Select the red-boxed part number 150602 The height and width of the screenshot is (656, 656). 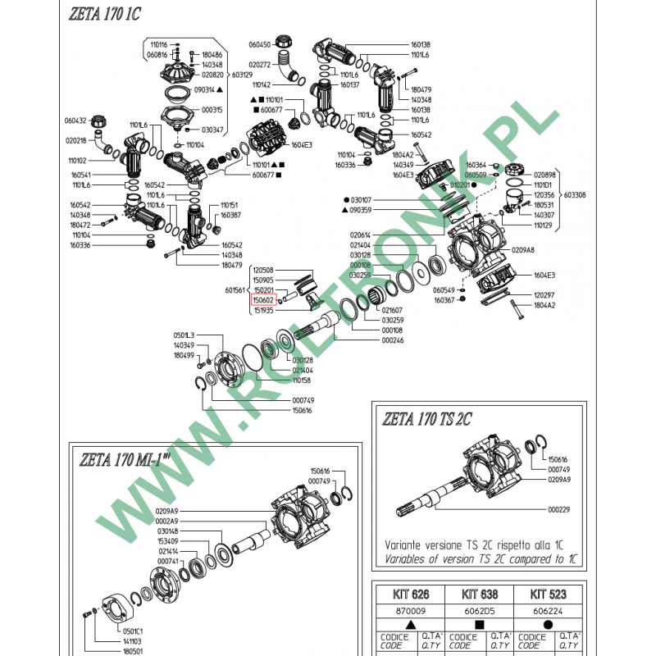(264, 300)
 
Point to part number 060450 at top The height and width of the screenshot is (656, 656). (259, 44)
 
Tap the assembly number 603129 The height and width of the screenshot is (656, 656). (242, 74)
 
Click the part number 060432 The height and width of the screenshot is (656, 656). (75, 120)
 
